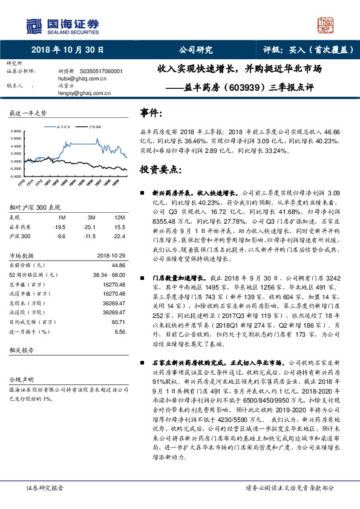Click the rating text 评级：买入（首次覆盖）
click(x=303, y=50)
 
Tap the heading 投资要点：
click(x=160, y=169)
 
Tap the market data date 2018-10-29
click(x=110, y=256)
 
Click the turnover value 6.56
click(x=119, y=332)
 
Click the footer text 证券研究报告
click(x=45, y=487)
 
